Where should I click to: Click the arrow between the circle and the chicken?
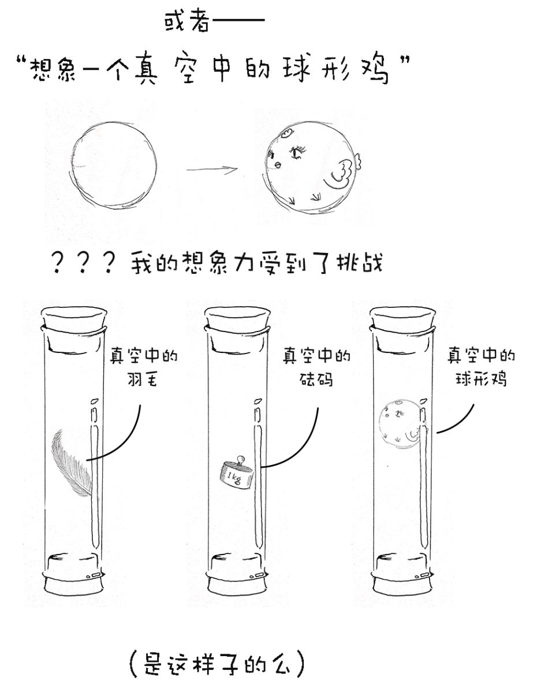(x=212, y=169)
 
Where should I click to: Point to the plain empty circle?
(x=113, y=164)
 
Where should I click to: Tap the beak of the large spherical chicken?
(x=278, y=165)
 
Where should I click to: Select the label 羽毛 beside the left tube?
(x=142, y=379)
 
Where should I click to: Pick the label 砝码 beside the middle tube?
(x=316, y=379)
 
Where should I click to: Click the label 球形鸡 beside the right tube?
(x=481, y=379)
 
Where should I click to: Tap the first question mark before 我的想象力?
(x=58, y=262)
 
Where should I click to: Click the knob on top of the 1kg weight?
(x=240, y=460)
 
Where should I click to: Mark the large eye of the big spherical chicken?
(x=297, y=152)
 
